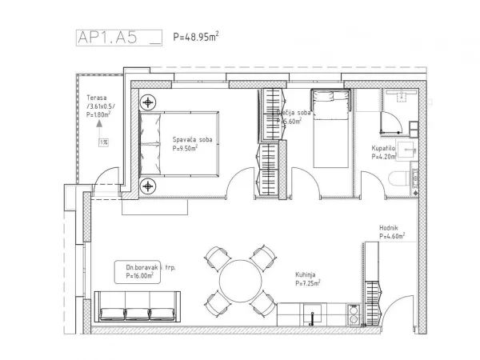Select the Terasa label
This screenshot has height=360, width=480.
[x=98, y=99]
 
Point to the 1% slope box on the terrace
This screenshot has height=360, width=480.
[x=103, y=142]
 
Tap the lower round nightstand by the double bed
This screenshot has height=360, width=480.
[x=148, y=186]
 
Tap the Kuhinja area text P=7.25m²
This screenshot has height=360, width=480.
[x=307, y=284]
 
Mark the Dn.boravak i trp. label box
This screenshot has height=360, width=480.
[x=144, y=270]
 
